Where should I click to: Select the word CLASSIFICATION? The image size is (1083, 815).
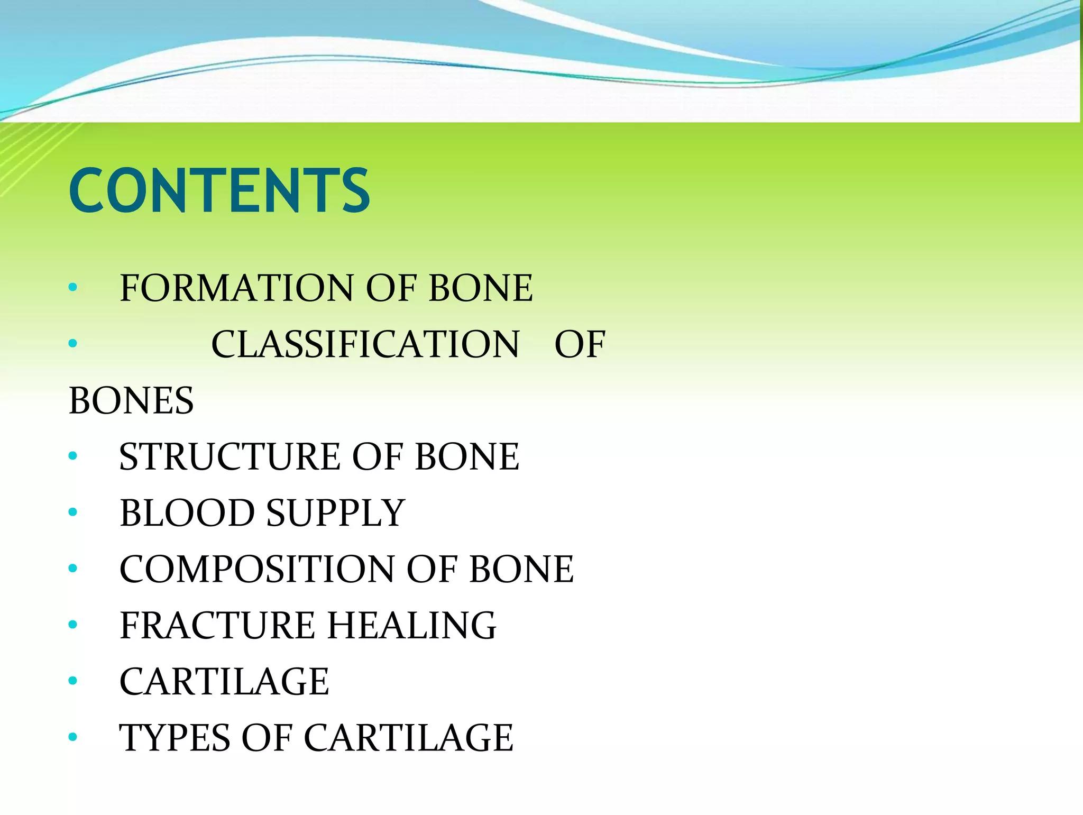[x=365, y=344]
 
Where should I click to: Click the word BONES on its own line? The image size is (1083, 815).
[x=131, y=400]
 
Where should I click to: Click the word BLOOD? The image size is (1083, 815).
[x=187, y=513]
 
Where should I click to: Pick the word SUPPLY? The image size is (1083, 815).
[x=335, y=513]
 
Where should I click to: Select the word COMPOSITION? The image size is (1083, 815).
[x=257, y=569]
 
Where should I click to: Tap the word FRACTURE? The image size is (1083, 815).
[x=217, y=625]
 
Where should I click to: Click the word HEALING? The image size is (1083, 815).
[x=412, y=625]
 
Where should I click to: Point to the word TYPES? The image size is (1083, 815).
[x=175, y=738]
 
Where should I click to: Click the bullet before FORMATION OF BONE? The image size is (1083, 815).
[x=73, y=288]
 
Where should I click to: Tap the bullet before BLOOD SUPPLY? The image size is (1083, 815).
[x=73, y=512]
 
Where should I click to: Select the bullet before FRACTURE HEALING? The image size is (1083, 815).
[x=73, y=625]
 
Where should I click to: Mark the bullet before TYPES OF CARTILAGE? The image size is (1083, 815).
[x=73, y=737]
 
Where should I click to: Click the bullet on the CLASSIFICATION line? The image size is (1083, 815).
[x=73, y=344]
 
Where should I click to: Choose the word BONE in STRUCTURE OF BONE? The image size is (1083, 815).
[x=467, y=456]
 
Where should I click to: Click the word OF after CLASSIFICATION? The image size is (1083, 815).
[x=580, y=344]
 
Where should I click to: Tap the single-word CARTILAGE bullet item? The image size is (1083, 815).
[x=224, y=681]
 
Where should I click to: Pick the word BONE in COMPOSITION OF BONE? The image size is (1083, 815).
[x=521, y=569]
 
